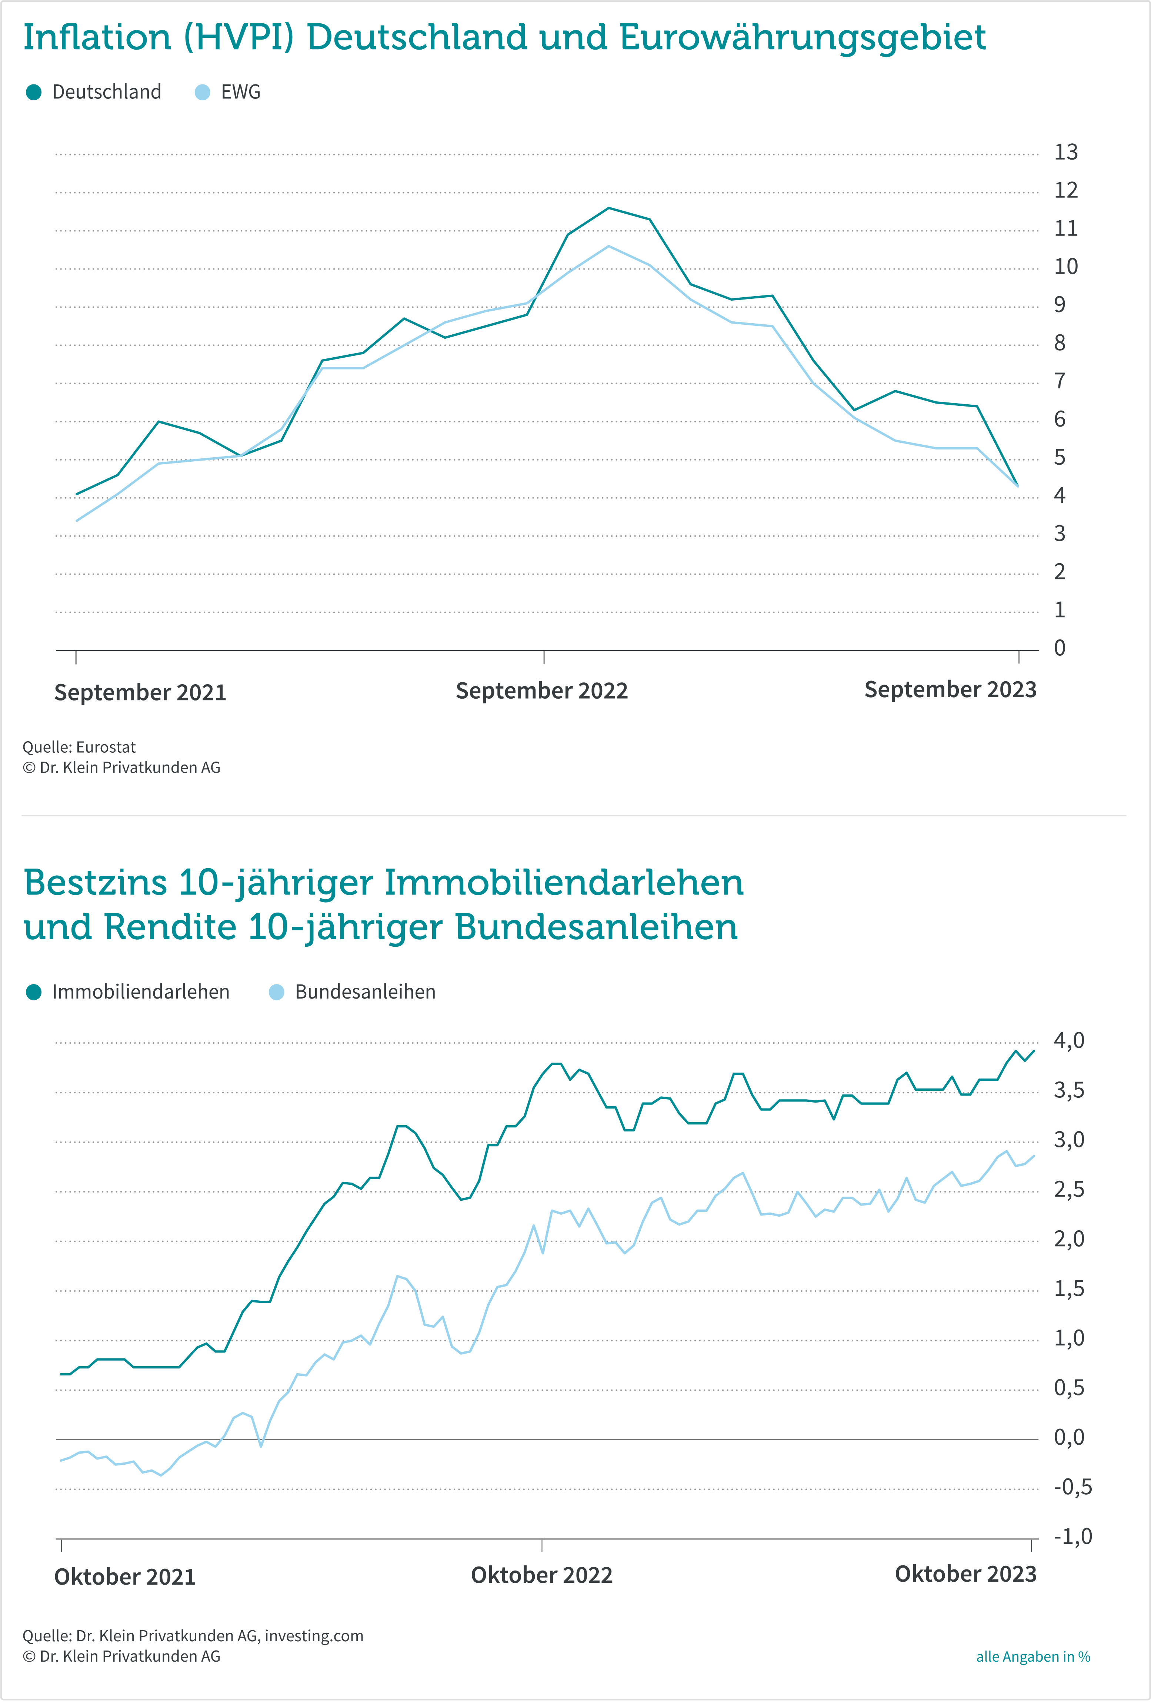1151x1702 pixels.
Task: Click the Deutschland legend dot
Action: pos(34,92)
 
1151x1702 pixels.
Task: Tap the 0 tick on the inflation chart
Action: pos(1060,648)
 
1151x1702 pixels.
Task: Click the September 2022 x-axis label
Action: pos(541,691)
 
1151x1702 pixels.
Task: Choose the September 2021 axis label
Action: pos(140,692)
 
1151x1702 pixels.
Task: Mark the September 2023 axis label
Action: pos(950,689)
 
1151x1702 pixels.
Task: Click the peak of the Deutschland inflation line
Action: pos(609,208)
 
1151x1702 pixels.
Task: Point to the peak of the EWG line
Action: pos(609,246)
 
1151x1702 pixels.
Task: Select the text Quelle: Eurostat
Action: pos(79,747)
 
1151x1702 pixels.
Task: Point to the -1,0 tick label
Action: pos(1072,1537)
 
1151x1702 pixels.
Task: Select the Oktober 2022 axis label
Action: pos(541,1575)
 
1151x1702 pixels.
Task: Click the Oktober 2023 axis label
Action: pos(965,1574)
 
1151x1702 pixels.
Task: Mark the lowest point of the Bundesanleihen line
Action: pos(161,1475)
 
